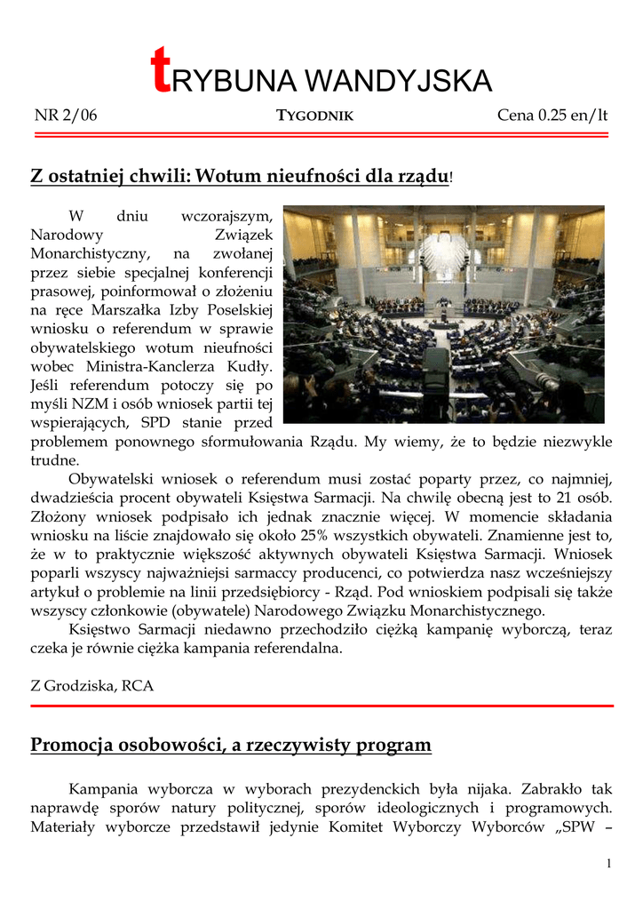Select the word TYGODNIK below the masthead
[x=315, y=116]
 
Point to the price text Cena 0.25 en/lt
[x=552, y=115]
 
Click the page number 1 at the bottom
[x=608, y=864]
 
